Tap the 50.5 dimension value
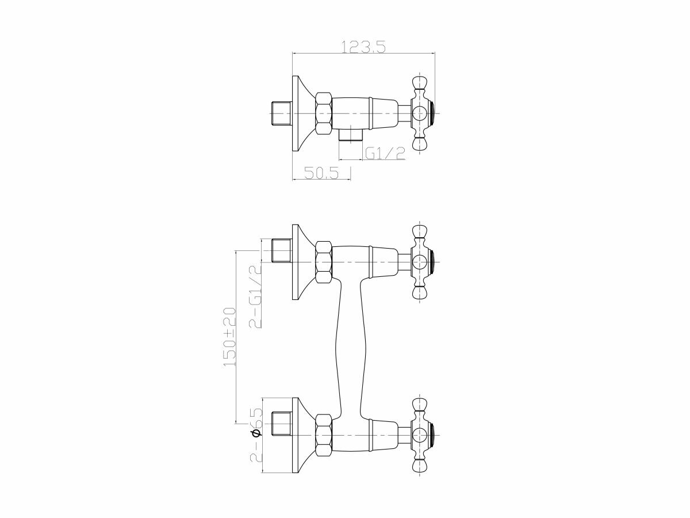coord(320,172)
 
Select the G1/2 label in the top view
coord(385,153)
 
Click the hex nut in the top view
coord(324,114)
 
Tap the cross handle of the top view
coord(421,113)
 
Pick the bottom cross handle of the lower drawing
coord(421,435)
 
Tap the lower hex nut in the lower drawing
coord(324,435)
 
